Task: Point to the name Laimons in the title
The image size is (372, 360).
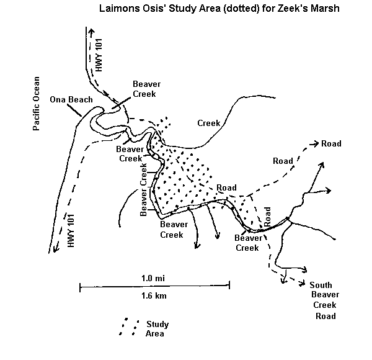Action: (x=118, y=10)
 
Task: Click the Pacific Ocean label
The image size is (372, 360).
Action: (x=37, y=103)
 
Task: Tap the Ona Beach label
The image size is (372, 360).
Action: (x=71, y=99)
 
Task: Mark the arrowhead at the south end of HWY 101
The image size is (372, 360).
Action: (x=56, y=250)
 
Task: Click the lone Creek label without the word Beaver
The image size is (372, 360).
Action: (x=209, y=123)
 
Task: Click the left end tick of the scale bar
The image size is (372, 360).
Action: (x=80, y=286)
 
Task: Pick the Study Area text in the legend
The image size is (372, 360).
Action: (x=156, y=329)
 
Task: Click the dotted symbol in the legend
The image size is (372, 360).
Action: (x=127, y=328)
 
